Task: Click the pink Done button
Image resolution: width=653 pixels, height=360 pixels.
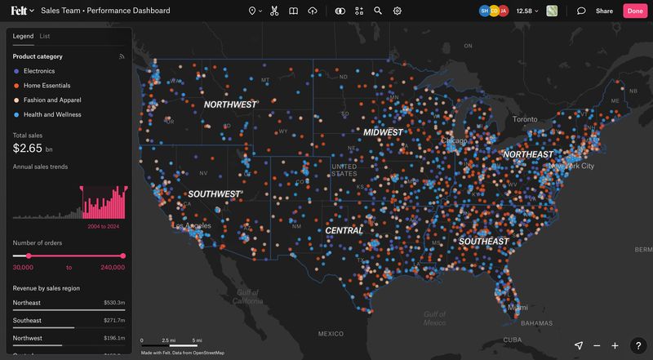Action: point(633,11)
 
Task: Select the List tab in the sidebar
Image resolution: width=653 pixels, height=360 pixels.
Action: point(45,37)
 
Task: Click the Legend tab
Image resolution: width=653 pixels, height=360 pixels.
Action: point(23,37)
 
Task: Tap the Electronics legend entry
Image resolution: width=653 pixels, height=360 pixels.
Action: point(39,71)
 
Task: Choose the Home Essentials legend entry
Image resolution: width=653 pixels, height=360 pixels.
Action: point(47,86)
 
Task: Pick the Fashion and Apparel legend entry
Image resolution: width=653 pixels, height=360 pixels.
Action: point(52,100)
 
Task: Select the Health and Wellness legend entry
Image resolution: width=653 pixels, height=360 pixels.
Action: point(52,115)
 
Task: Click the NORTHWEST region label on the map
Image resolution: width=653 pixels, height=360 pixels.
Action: point(230,104)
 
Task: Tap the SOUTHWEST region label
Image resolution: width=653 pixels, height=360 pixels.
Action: point(214,194)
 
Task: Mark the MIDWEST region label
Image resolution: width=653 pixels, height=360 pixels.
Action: point(384,132)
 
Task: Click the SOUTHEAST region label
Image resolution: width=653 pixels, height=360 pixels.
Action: point(483,242)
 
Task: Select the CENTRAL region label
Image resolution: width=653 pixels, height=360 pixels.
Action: point(344,231)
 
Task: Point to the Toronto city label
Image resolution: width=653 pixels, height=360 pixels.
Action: point(525,119)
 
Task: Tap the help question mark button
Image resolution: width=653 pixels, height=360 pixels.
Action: point(638,345)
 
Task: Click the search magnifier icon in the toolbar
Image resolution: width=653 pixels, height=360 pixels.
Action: point(378,11)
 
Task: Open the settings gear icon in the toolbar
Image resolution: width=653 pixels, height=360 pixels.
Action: point(398,11)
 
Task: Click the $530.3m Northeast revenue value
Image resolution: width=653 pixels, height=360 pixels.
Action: point(114,303)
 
